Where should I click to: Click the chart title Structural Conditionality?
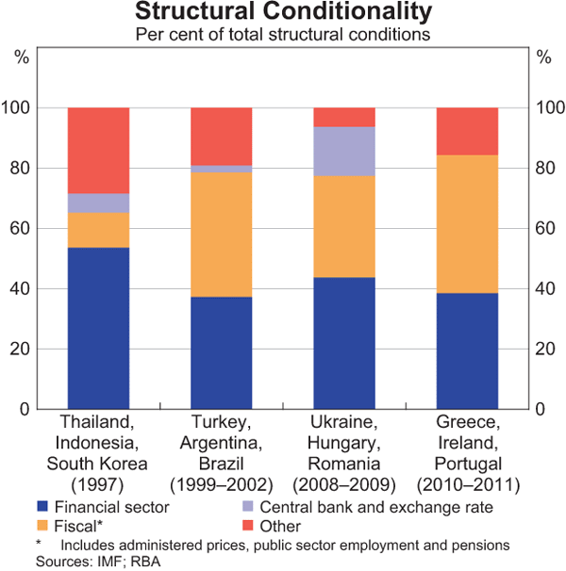pos(283,12)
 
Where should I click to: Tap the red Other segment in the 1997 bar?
pos(98,151)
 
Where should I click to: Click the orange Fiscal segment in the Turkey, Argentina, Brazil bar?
pos(222,235)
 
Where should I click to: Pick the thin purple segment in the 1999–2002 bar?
pos(222,169)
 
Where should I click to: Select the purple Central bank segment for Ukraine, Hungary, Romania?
pos(344,152)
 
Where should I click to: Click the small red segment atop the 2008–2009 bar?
pos(344,117)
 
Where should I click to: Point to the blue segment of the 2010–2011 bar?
pos(467,351)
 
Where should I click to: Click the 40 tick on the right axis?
pos(543,288)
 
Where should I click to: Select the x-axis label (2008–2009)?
pos(344,486)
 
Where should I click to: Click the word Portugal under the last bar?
pos(467,464)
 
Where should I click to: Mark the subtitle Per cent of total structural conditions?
pos(283,35)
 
